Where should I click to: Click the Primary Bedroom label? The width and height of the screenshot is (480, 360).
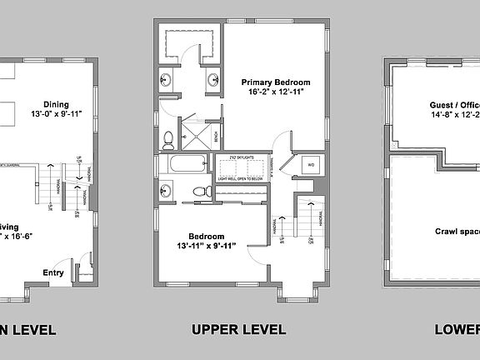pyautogui.click(x=276, y=82)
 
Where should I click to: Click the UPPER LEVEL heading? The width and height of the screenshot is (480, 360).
pyautogui.click(x=238, y=329)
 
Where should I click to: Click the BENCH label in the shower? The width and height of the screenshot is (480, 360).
pyautogui.click(x=216, y=134)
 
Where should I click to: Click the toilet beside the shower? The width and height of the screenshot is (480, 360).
pyautogui.click(x=167, y=137)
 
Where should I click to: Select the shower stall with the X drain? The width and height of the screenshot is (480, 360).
pyautogui.click(x=195, y=133)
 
